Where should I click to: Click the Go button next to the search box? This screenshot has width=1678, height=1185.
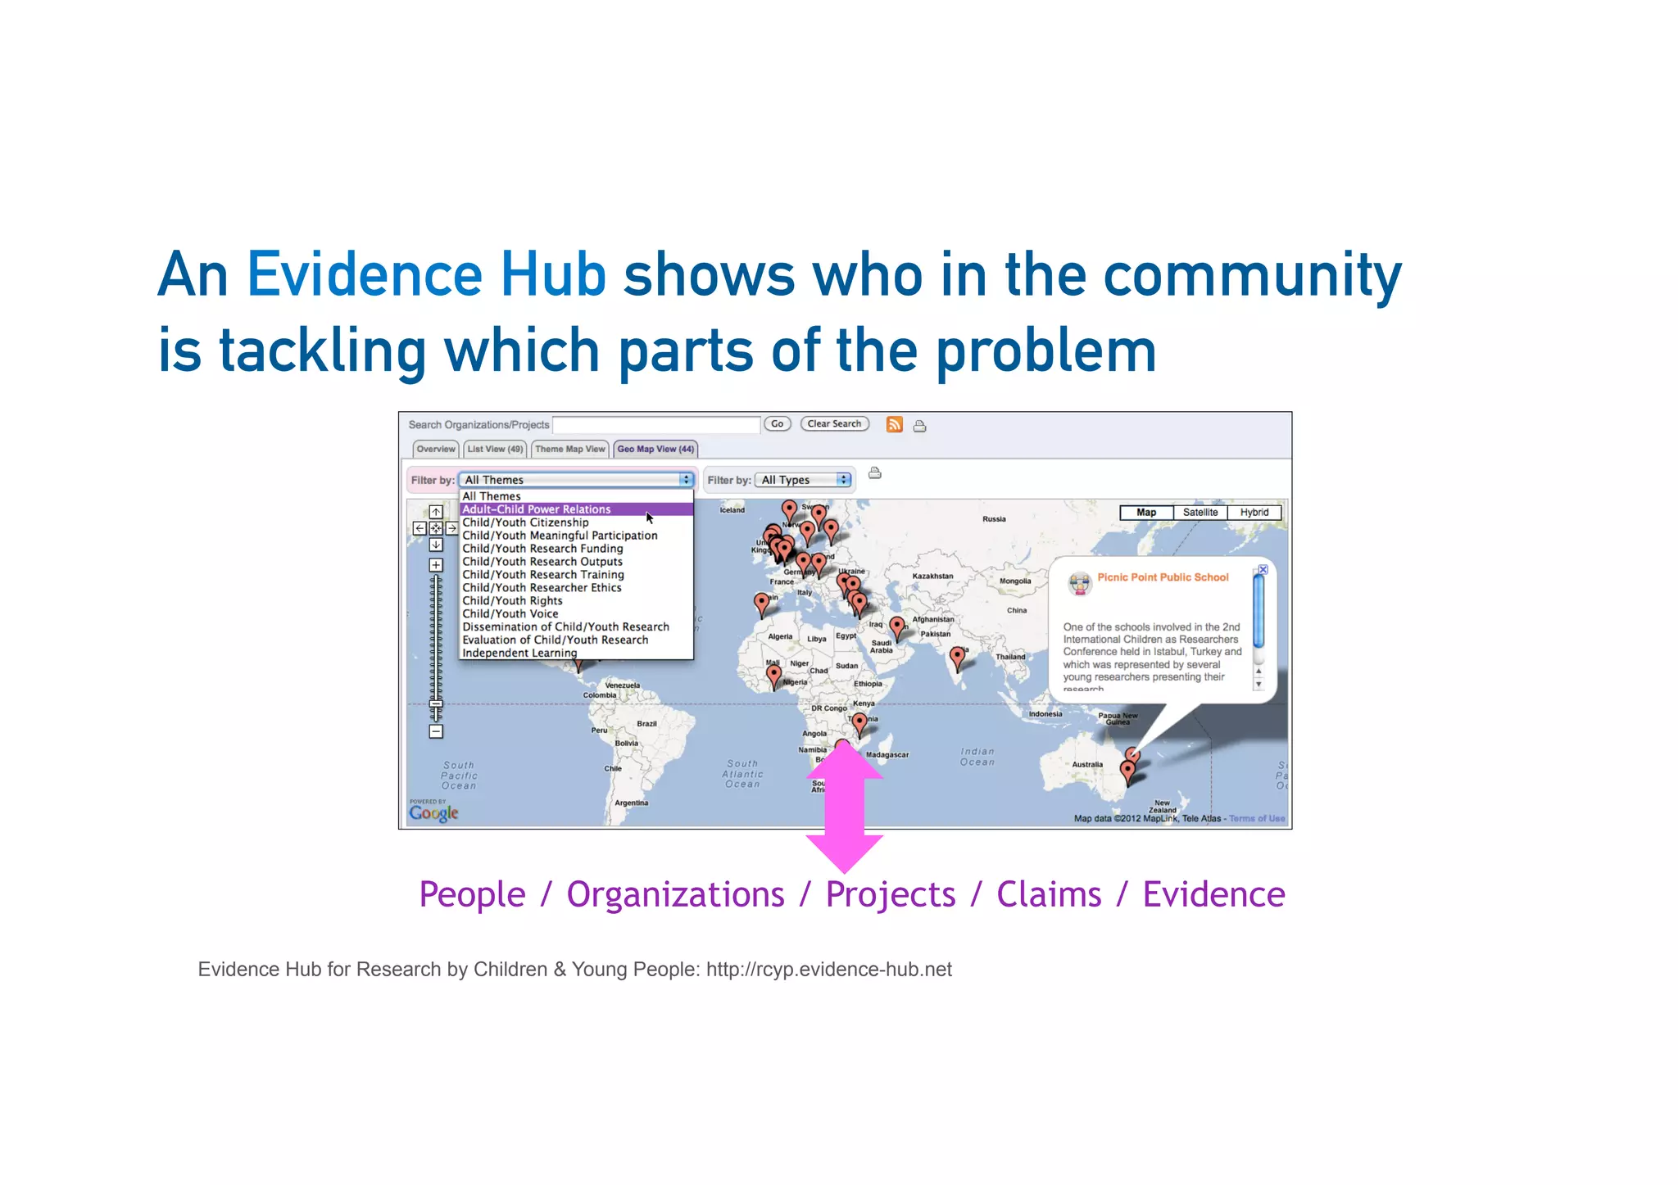pos(777,424)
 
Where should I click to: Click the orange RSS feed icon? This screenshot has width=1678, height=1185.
pos(895,424)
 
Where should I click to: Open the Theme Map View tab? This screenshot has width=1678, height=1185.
pos(569,449)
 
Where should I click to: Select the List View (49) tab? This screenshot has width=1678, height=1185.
pos(495,449)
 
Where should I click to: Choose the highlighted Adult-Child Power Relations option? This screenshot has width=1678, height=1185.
pos(537,509)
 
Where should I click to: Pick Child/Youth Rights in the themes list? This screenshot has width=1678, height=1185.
pos(512,600)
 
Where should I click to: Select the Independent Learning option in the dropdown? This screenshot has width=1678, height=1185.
pos(519,653)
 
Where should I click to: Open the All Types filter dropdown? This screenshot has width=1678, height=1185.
pos(804,480)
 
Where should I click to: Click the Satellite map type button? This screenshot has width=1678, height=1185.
pos(1200,513)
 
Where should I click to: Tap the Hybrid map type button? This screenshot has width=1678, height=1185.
pos(1254,513)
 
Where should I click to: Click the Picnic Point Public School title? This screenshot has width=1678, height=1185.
pos(1163,577)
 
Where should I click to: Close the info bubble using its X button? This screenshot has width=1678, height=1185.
pos(1263,569)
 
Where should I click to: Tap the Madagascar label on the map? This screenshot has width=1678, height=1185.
pos(887,755)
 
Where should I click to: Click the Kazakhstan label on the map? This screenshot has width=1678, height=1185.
pos(932,576)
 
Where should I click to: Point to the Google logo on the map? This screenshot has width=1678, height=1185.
pos(433,812)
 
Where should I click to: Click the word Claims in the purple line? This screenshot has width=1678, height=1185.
pos(1049,894)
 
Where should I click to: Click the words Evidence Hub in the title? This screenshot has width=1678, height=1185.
pos(426,274)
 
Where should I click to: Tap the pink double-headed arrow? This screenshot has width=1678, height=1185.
pos(845,807)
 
